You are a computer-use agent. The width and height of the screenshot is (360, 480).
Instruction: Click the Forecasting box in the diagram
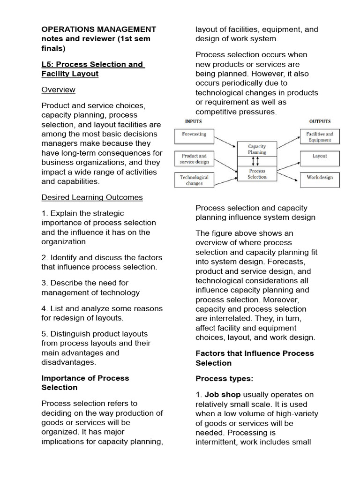[194, 134]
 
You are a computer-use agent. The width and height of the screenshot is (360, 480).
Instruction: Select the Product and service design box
[194, 159]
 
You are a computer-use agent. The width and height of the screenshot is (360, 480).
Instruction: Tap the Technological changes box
[194, 180]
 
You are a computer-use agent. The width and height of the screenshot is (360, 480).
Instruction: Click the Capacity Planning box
[256, 150]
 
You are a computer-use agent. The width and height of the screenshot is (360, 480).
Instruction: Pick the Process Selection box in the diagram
[256, 174]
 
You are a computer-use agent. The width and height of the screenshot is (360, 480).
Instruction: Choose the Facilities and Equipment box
[320, 137]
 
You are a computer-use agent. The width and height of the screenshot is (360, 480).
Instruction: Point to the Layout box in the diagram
[320, 156]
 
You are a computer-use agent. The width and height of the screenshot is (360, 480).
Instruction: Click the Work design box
[320, 178]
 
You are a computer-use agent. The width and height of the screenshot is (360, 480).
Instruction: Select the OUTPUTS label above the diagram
[320, 121]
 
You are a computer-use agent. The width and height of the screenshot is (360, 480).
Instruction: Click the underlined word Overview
[58, 90]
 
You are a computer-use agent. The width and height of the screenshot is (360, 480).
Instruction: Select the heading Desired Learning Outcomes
[92, 197]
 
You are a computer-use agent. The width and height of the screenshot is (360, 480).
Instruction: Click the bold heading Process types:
[217, 379]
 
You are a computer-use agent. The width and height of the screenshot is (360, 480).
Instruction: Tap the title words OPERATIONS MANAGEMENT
[99, 30]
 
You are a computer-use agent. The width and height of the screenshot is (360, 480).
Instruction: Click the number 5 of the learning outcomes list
[44, 334]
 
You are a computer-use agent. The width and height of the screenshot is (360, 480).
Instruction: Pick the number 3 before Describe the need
[44, 283]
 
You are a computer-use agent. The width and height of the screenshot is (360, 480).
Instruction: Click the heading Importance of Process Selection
[85, 382]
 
